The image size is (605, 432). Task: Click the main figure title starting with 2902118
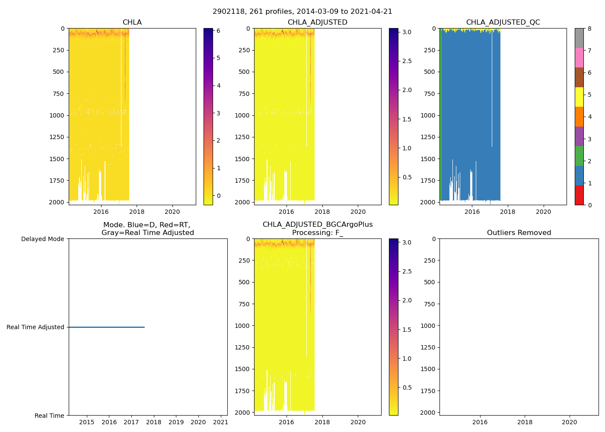pos(302,12)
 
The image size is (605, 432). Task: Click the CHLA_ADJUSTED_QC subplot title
pos(503,22)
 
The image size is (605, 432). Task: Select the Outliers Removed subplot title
pos(519,233)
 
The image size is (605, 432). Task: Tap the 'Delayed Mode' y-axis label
pos(42,239)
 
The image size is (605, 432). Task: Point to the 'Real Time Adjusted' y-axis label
pos(35,327)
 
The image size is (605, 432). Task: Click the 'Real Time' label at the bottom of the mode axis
pos(49,416)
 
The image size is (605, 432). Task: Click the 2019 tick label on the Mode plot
pos(176,422)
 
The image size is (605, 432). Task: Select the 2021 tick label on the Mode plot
pos(220,422)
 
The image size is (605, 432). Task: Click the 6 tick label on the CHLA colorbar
pos(219,31)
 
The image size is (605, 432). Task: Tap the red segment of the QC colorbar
pos(579,195)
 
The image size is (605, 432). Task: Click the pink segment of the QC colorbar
pos(579,57)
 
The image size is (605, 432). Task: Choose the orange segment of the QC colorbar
pos(579,117)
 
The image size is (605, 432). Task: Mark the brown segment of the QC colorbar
pos(579,77)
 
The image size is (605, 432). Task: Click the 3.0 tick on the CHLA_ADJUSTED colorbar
pos(407,32)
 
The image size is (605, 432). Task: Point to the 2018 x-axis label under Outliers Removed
pos(525,422)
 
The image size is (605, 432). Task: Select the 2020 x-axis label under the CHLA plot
pos(172,212)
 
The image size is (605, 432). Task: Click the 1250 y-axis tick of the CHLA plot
pos(57,137)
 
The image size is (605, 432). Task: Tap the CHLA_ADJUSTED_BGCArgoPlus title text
pos(318,225)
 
